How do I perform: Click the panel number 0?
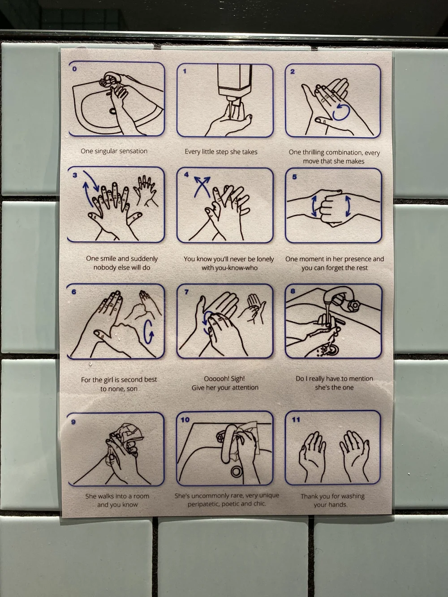click(74, 69)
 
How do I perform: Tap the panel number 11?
click(296, 419)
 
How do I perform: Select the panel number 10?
click(185, 420)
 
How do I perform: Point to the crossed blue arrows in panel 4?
click(202, 187)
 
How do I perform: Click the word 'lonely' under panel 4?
click(264, 259)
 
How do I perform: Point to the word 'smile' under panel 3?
click(108, 258)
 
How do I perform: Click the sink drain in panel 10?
click(237, 471)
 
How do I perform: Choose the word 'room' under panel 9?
click(141, 496)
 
